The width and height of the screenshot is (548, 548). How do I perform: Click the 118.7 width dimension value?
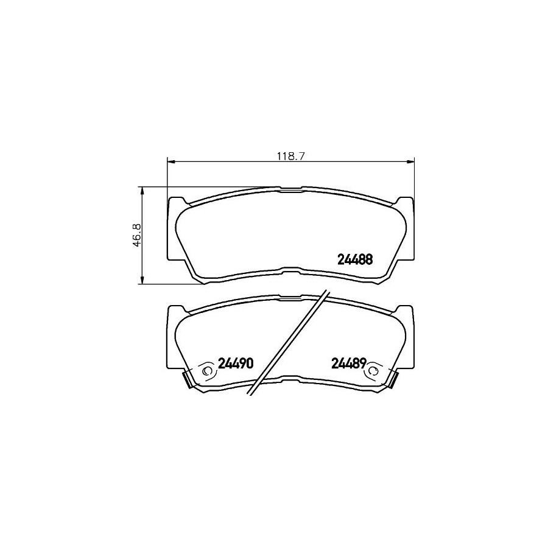coord(291,156)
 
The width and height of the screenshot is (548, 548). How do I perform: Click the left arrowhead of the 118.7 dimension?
coord(171,161)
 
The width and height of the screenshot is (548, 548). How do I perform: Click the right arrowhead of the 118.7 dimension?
coord(410,161)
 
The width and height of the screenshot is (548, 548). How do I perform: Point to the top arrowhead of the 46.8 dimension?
coord(142,191)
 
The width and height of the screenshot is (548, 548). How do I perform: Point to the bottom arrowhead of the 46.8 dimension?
coord(142,280)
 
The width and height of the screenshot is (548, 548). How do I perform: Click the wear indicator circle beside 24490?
coord(207,370)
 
